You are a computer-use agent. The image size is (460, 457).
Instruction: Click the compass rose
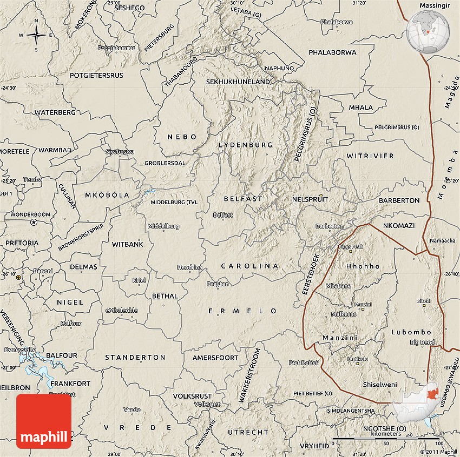tap(36, 36)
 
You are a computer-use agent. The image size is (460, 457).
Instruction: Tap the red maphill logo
tap(44, 421)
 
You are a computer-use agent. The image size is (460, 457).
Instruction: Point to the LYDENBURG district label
tap(246, 145)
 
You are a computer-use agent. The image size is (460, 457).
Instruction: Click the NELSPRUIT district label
tap(307, 199)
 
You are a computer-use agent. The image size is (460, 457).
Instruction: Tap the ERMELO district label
tap(243, 311)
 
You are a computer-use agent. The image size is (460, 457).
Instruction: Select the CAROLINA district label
tap(249, 266)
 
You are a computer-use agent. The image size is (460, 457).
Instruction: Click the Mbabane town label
tap(339, 286)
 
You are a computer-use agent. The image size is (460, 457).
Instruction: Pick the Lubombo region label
tap(411, 332)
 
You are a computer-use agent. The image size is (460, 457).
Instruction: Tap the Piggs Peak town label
tap(351, 247)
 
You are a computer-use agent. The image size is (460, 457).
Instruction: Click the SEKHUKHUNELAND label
tap(238, 82)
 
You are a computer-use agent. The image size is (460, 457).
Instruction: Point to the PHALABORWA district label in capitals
tap(332, 52)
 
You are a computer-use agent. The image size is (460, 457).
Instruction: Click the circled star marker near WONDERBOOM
tap(34, 222)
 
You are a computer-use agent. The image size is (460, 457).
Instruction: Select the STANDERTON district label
tap(135, 357)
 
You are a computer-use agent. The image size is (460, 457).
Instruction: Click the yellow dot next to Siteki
tap(424, 306)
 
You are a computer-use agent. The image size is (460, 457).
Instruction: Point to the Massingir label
tap(435, 5)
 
